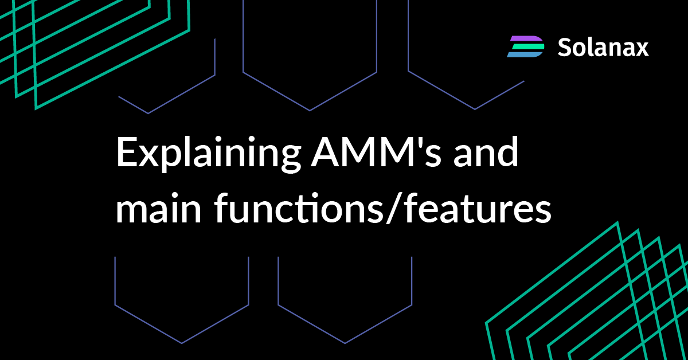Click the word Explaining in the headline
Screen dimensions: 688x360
coord(209,154)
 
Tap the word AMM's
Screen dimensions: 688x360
coord(376,152)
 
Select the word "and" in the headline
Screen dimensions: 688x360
coord(486,151)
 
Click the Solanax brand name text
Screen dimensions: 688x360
coord(603,48)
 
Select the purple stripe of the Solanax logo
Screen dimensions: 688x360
coord(526,39)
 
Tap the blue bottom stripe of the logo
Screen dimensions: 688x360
coord(523,54)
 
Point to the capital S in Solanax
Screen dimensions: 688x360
coord(565,48)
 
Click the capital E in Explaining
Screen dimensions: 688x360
coord(126,152)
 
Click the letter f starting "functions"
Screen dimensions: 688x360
coord(221,207)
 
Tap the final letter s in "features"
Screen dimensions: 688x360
coord(544,213)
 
